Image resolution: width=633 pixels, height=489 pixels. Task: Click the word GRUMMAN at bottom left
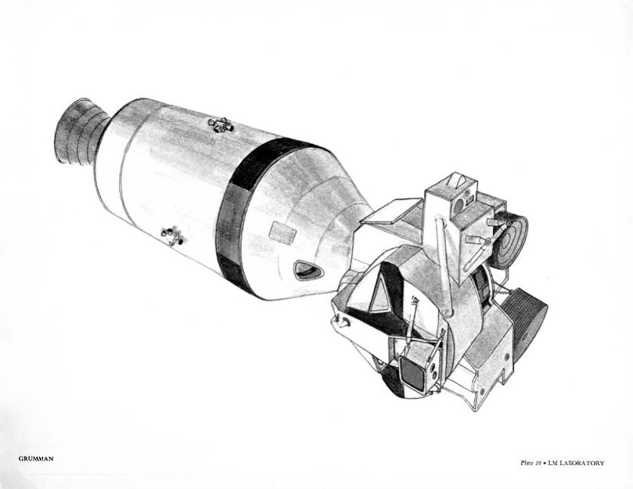36,459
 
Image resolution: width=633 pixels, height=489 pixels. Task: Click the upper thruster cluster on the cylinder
221,124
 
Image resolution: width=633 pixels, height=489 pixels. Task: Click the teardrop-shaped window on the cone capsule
307,270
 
